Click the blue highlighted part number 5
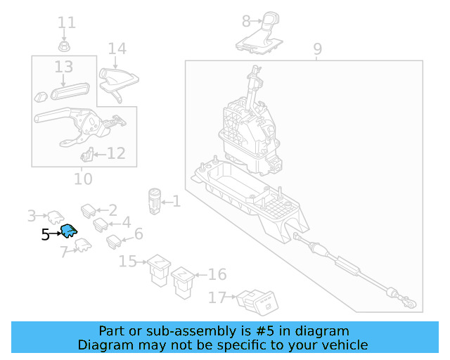[69, 231]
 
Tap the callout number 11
[67, 22]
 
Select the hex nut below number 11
[64, 46]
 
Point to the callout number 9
[317, 49]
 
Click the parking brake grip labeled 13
[70, 91]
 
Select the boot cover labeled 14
[119, 84]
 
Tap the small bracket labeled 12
[87, 155]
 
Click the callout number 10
[83, 179]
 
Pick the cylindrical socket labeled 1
[155, 201]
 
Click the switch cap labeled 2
[89, 211]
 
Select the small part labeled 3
[56, 217]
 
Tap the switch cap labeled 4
[101, 224]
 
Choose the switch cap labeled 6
[114, 242]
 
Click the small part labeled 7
[83, 245]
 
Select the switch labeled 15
[159, 270]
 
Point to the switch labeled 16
[183, 283]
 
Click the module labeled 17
[257, 302]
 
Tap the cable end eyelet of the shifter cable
[411, 304]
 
